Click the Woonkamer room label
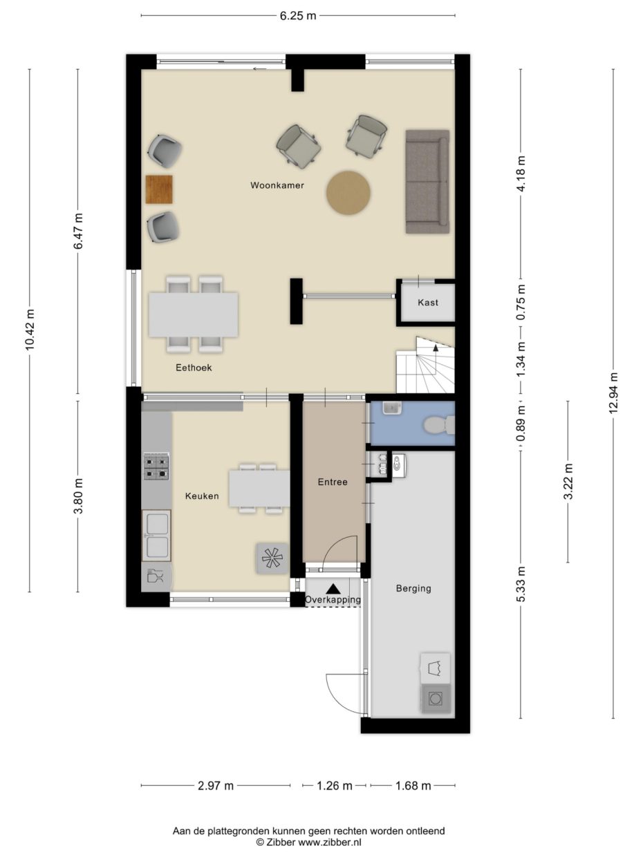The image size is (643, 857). [277, 185]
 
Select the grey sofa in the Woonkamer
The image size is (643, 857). [427, 181]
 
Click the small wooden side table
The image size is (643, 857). [160, 189]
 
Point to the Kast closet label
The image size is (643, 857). [427, 303]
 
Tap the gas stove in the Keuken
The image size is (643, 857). [156, 467]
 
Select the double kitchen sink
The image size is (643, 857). [156, 535]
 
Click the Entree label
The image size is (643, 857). [333, 482]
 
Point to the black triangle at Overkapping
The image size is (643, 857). [333, 589]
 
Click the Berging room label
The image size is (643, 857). [413, 589]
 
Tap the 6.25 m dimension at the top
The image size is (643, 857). [298, 16]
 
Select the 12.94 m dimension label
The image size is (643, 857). [613, 393]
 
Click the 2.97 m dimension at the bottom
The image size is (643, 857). [215, 785]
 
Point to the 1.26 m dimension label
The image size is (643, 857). [334, 785]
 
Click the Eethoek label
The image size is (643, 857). [193, 368]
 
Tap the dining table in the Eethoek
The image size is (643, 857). [194, 314]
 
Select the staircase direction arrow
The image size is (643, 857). [436, 349]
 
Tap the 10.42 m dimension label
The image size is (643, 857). [29, 330]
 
